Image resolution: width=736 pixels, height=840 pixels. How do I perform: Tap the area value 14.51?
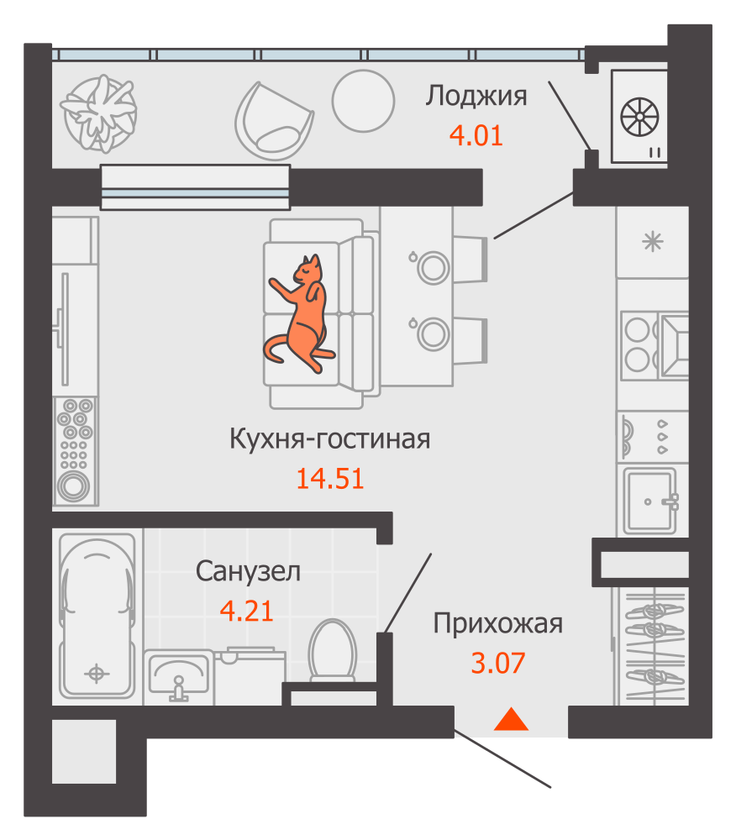pos(329,479)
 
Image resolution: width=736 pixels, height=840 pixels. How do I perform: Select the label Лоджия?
pos(476,96)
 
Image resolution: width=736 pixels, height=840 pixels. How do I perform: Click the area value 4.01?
pos(476,135)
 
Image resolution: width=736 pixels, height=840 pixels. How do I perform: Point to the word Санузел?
pos(248,572)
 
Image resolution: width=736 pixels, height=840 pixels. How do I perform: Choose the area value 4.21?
pos(246,611)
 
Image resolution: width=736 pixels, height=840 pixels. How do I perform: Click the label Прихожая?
pos(497,624)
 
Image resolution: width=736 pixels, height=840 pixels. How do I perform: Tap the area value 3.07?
pos(497,664)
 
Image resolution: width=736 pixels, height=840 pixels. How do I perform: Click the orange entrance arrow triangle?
pos(510,720)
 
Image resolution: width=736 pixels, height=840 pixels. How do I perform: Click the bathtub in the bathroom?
pos(97,617)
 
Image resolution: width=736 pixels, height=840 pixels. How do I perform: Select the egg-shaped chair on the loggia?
pos(274,119)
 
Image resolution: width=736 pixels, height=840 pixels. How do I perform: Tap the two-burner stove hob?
pos(639,344)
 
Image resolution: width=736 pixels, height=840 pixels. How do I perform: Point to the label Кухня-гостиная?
pos(329,438)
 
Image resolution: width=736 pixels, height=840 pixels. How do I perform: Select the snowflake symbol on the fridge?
pos(652,242)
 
